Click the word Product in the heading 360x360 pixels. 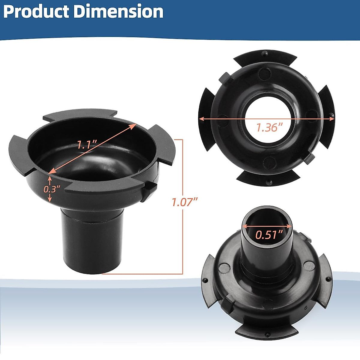coord(36,12)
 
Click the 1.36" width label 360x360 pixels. coord(269,127)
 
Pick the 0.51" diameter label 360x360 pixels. coord(269,234)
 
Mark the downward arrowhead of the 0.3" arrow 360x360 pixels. coord(50,199)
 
